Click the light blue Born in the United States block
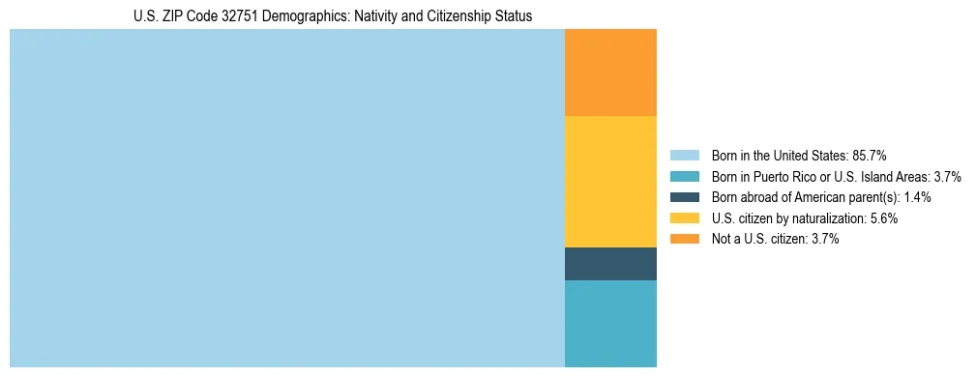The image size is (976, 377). [x=286, y=198]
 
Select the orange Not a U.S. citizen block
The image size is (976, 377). [x=610, y=72]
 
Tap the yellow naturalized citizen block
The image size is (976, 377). [x=610, y=182]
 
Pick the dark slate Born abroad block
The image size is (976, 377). [x=610, y=264]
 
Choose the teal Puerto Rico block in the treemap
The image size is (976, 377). [x=610, y=324]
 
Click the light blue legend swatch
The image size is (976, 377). [x=684, y=155]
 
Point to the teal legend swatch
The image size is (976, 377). [x=684, y=176]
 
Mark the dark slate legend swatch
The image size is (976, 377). [x=684, y=197]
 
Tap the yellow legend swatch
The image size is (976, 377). [x=684, y=218]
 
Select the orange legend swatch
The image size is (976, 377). [x=684, y=239]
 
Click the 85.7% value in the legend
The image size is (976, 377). [x=870, y=155]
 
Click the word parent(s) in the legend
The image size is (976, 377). [x=873, y=197]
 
